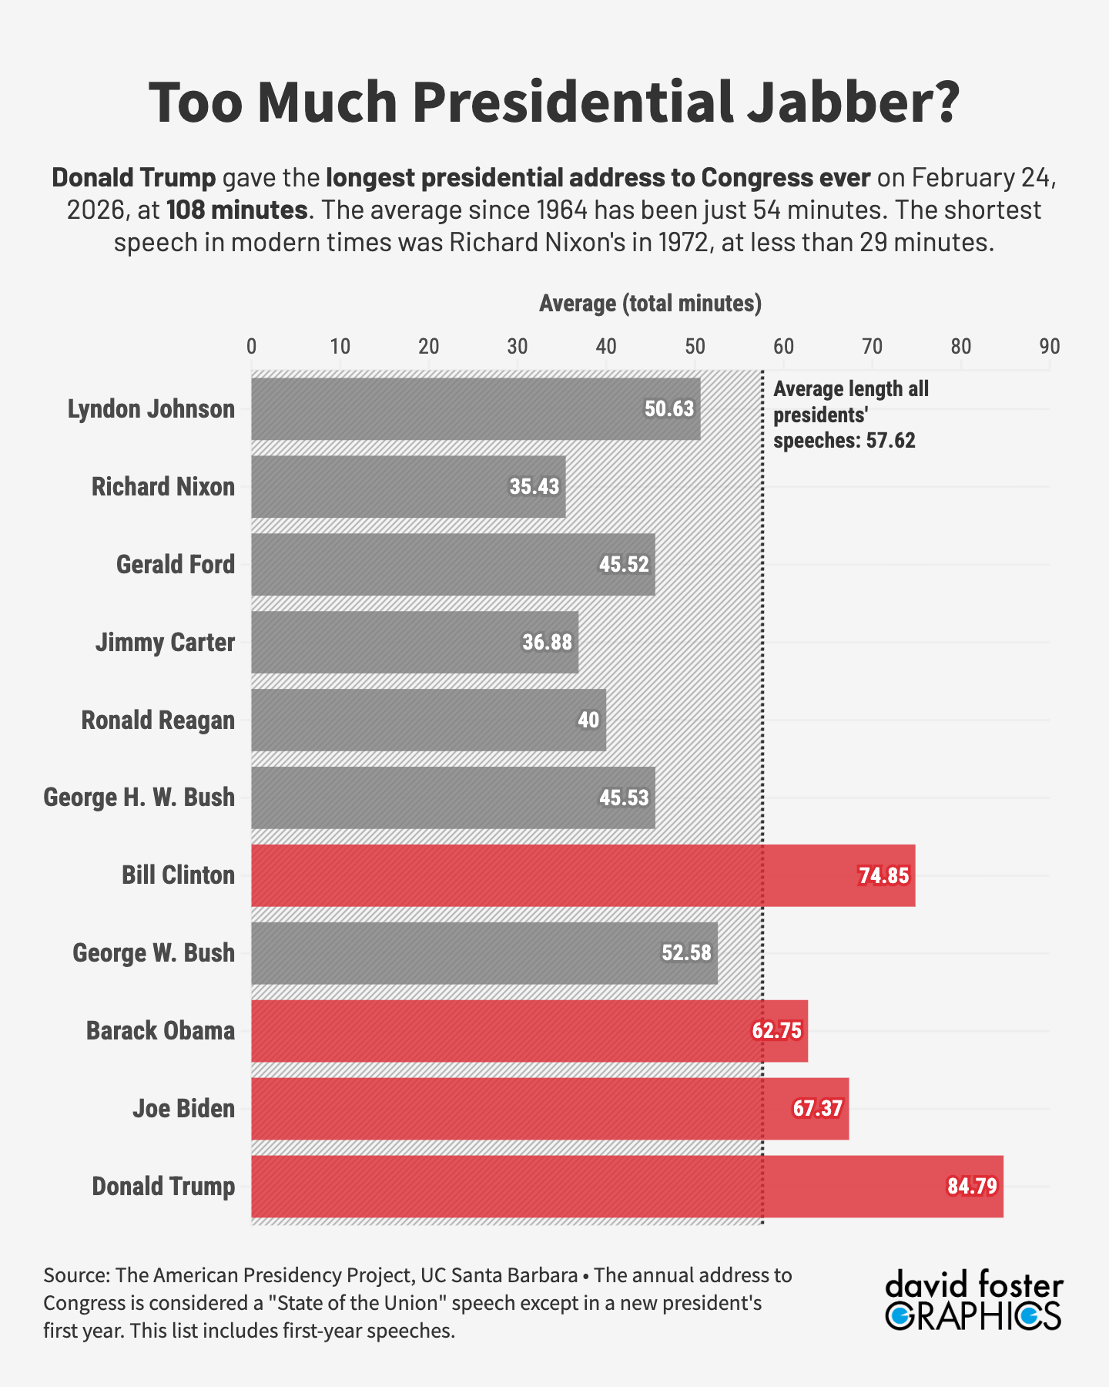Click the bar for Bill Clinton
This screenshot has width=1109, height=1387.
tap(583, 875)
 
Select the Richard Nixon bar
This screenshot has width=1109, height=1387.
tap(408, 487)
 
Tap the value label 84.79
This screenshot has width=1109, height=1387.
tap(972, 1186)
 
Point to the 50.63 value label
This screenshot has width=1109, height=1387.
tap(669, 409)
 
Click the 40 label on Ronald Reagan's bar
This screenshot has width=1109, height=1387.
tap(588, 720)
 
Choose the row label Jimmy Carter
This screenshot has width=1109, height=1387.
tap(165, 643)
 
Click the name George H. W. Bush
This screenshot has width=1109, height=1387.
tap(139, 798)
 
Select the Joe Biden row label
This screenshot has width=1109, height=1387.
tap(183, 1109)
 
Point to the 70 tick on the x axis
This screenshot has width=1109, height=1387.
tap(872, 347)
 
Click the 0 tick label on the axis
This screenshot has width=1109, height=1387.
tap(252, 347)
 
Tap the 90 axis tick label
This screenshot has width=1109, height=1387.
tap(1049, 347)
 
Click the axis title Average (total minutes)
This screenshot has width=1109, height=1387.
tap(650, 304)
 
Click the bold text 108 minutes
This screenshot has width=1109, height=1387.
tap(237, 210)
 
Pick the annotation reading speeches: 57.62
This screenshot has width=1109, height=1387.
tap(844, 441)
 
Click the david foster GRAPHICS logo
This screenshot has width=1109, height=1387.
tap(974, 1301)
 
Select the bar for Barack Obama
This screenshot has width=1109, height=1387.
tap(529, 1031)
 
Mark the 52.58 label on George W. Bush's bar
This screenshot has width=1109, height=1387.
tap(686, 953)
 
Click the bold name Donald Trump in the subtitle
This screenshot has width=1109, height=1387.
tap(134, 177)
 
